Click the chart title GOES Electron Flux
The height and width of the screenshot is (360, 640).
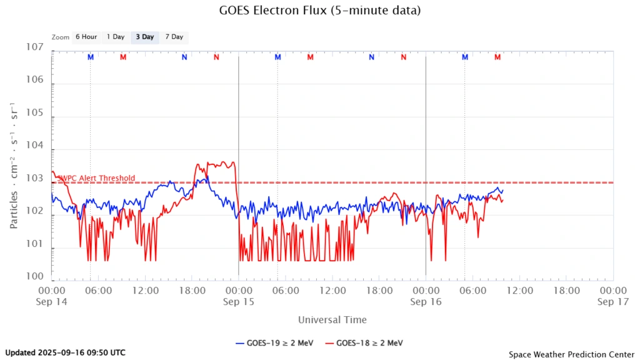(319, 11)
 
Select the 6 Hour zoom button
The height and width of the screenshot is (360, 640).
(86, 37)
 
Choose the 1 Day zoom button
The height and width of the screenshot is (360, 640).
(116, 37)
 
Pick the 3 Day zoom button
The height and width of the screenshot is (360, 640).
(144, 37)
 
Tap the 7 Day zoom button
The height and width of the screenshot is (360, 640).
(174, 37)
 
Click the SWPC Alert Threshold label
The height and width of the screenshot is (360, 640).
(96, 178)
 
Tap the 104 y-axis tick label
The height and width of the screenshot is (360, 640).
(35, 146)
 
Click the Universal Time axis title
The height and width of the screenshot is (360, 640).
(332, 320)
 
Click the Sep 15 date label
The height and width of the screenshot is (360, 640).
(238, 302)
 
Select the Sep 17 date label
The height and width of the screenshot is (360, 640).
(612, 302)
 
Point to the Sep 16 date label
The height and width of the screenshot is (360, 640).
(426, 302)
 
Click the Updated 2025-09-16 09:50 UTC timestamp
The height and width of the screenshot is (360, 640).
(65, 352)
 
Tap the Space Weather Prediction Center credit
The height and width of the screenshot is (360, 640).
(571, 354)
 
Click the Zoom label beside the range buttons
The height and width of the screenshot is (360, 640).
(61, 37)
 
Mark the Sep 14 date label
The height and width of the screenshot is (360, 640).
(51, 302)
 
